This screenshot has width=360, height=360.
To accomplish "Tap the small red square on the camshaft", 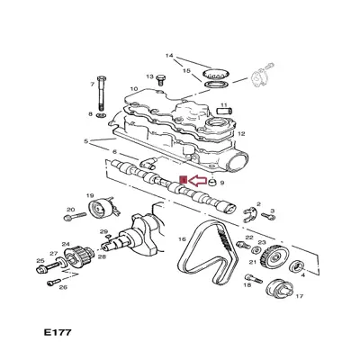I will [x=184, y=180].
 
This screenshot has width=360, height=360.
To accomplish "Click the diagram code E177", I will [x=55, y=332].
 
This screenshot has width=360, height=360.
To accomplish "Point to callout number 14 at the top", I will [x=167, y=57].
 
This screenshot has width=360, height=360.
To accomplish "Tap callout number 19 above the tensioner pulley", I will [x=90, y=195].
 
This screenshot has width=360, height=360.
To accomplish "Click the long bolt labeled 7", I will [x=102, y=94].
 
